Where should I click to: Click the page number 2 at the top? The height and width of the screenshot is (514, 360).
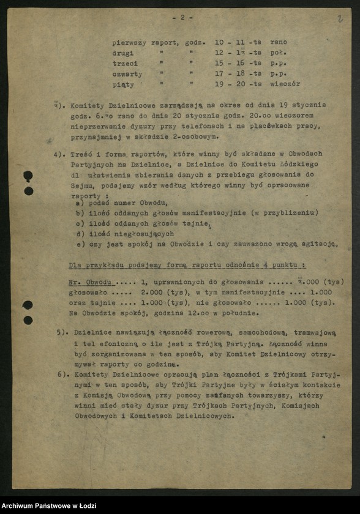tap(182, 18)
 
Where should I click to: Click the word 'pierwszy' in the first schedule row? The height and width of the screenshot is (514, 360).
tap(129, 42)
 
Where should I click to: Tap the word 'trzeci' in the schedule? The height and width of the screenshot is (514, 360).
tap(124, 63)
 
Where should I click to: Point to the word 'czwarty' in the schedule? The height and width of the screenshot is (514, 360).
tap(126, 73)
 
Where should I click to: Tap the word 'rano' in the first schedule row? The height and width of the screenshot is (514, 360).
tap(278, 42)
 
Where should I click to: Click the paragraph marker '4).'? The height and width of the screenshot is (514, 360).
tap(60, 154)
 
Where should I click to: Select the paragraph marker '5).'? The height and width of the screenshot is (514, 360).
tap(61, 332)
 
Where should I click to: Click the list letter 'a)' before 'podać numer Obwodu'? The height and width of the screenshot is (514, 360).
tap(80, 203)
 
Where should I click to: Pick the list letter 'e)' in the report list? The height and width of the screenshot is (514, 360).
tap(80, 244)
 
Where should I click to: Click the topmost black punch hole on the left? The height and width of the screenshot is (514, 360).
tap(28, 177)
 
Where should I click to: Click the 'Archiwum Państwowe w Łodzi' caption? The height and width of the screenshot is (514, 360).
tap(46, 505)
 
